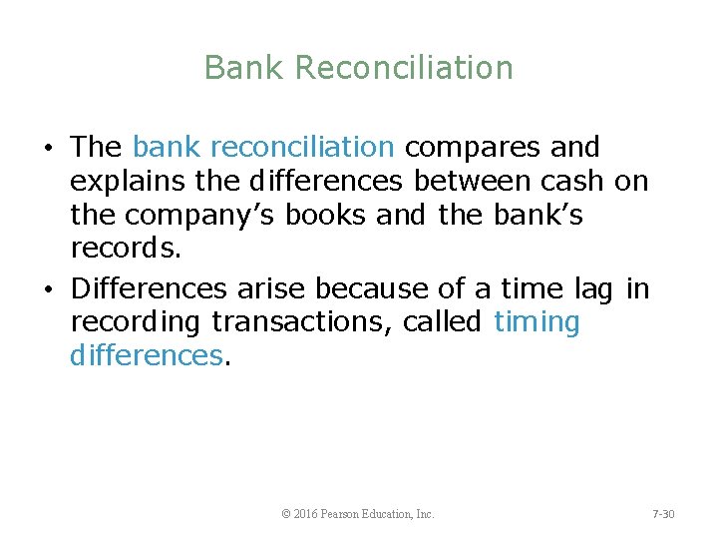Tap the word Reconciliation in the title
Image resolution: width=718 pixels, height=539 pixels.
405,68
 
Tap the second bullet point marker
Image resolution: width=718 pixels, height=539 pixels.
48,290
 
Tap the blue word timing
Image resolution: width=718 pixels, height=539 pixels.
537,323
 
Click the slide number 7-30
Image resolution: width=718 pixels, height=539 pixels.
663,514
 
